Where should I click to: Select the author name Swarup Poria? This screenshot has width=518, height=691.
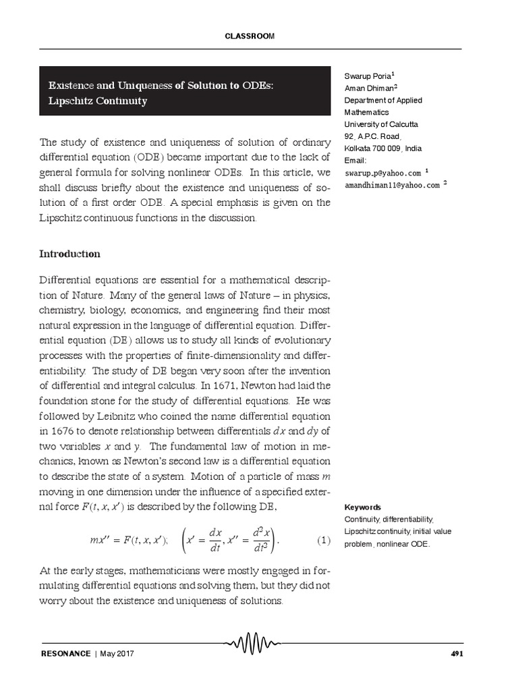(367, 76)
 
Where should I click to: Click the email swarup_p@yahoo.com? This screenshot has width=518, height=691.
(382, 173)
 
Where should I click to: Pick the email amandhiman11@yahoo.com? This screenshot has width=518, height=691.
(392, 184)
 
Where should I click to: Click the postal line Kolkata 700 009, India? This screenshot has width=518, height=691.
(383, 148)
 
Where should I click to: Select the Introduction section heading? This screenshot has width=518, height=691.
(69, 254)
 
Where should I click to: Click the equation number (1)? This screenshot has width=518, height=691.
(323, 541)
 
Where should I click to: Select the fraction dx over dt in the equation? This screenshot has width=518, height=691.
(215, 541)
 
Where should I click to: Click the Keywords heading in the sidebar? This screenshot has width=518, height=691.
(362, 507)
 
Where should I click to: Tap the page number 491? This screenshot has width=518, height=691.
(455, 654)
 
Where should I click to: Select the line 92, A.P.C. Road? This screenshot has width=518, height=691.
(373, 136)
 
